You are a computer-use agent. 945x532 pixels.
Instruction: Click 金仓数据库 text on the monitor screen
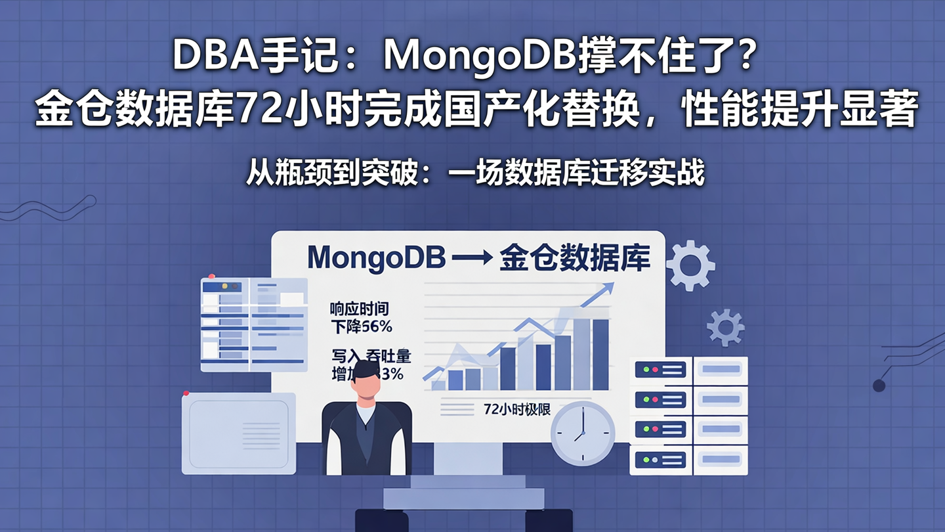tap(575, 257)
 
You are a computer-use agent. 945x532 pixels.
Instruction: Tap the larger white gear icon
tap(690, 265)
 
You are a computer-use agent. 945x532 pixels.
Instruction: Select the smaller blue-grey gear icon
tap(725, 327)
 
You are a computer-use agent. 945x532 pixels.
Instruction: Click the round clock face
tap(582, 433)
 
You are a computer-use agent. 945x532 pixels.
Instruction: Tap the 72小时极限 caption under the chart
tap(516, 409)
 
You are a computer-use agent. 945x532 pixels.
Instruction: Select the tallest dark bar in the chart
tap(600, 354)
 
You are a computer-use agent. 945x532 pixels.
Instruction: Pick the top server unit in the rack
tap(689, 370)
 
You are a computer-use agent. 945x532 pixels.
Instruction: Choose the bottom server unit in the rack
tap(689, 460)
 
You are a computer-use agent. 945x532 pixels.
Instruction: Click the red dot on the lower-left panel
tap(186, 393)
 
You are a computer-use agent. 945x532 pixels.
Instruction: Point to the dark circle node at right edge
tap(879, 386)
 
